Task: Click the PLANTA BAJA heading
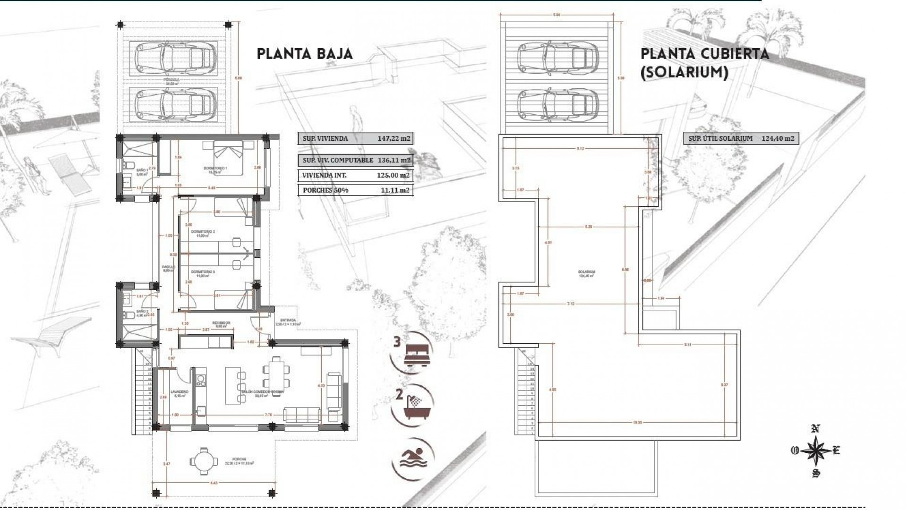305,54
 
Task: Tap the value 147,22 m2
394,138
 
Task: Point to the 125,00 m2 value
394,175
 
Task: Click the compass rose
815,450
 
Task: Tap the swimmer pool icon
412,459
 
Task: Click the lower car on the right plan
555,104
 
